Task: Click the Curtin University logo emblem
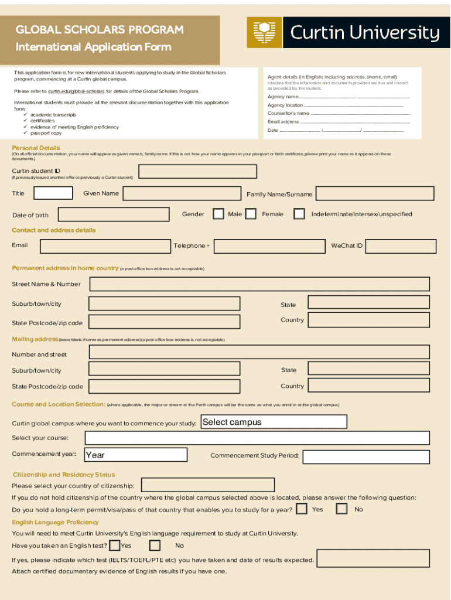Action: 263,33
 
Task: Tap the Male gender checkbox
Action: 218,214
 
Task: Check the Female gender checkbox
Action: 251,214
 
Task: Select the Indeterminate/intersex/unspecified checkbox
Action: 299,214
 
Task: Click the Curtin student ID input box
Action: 198,171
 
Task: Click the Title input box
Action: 53,193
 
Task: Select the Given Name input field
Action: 182,193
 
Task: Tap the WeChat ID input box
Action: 401,246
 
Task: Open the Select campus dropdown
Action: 273,422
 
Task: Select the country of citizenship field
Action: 208,485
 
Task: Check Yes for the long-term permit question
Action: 302,509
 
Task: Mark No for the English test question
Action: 155,546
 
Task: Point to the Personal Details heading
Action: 36,148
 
